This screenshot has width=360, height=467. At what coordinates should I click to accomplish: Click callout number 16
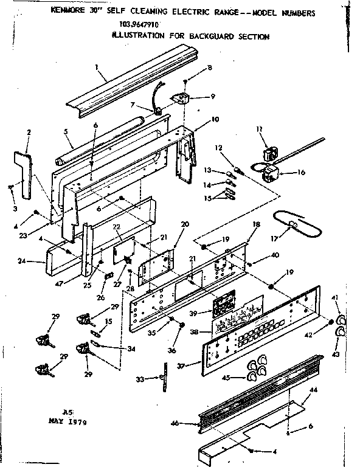[x=300, y=172]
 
